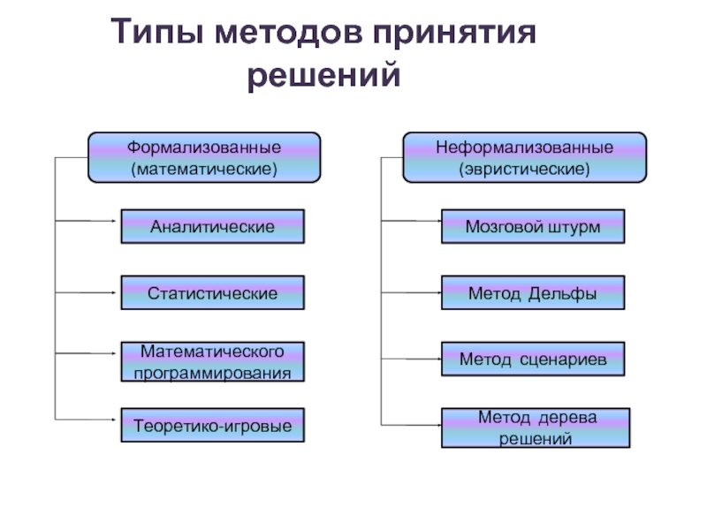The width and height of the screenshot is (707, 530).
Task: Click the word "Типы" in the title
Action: pos(156,34)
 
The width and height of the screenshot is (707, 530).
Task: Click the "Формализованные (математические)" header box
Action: pos(203,156)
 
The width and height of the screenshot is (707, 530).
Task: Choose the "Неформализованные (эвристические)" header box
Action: pos(524,156)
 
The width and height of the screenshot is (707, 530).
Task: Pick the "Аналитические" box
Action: pos(212,227)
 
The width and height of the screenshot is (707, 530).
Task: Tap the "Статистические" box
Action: pos(212,293)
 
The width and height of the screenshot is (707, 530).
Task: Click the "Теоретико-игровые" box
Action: pos(212,426)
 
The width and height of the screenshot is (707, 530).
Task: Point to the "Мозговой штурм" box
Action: pos(532,227)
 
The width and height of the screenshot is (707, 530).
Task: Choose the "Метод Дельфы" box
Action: pos(532,293)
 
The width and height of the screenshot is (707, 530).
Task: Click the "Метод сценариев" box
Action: pos(532,360)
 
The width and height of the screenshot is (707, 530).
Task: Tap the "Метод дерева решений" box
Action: pos(536,428)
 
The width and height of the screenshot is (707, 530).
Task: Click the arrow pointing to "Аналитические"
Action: pos(88,220)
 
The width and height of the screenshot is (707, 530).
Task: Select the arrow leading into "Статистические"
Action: pos(88,292)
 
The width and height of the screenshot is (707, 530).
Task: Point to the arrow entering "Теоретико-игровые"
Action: pos(88,419)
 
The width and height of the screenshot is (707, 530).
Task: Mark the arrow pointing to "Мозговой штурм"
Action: pos(412,220)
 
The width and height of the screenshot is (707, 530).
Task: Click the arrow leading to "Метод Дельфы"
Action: pos(412,291)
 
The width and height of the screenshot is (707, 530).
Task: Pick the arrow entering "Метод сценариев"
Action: pos(412,359)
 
